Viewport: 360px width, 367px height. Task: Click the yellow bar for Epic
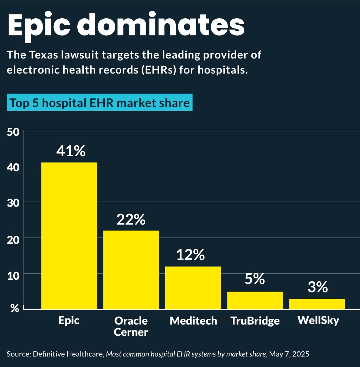[x=69, y=236]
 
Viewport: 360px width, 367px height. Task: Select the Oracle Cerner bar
[x=131, y=270]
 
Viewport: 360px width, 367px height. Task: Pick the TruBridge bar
[x=255, y=300]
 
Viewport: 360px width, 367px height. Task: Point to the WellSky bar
[x=317, y=304]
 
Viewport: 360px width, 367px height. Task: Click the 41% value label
[x=71, y=151]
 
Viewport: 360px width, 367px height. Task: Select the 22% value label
[x=131, y=220]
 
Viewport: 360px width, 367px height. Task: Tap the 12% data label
[x=190, y=255]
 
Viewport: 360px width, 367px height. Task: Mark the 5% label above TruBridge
[x=255, y=279]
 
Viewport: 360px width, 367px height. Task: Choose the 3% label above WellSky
[x=317, y=287]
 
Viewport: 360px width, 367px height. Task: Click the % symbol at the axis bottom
[x=14, y=309]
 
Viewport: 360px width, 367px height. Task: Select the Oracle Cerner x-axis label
[x=131, y=326]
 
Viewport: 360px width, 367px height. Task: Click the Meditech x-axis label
[x=193, y=321]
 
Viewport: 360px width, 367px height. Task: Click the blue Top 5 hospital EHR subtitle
[x=99, y=103]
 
